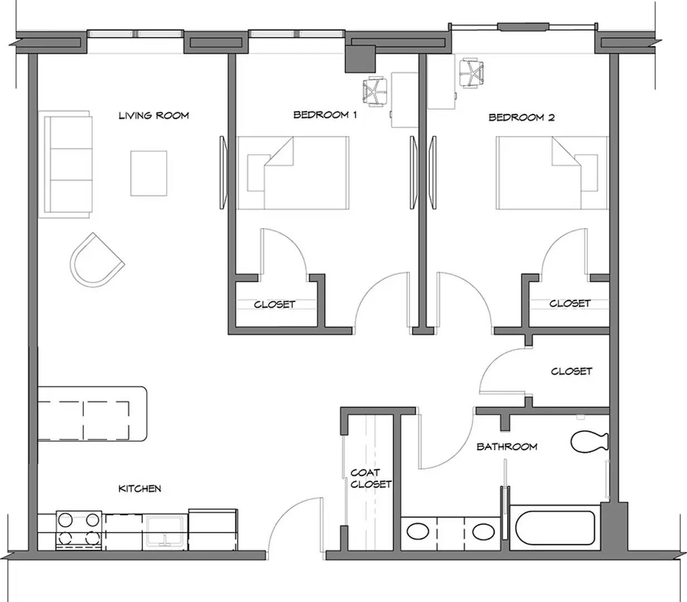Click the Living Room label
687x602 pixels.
click(153, 115)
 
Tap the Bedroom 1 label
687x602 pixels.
click(325, 115)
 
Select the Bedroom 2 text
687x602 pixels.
click(521, 117)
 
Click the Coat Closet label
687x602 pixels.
click(370, 478)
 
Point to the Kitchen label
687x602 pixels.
click(139, 488)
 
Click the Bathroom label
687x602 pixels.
click(506, 446)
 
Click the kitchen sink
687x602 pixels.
click(165, 531)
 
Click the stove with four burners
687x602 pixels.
click(79, 530)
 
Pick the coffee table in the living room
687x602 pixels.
click(148, 173)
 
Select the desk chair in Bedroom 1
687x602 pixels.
click(374, 91)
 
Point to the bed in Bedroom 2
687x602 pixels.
click(552, 172)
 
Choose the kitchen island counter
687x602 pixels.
click(92, 414)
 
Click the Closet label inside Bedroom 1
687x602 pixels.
click(274, 304)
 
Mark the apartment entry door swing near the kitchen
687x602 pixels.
click(296, 524)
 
